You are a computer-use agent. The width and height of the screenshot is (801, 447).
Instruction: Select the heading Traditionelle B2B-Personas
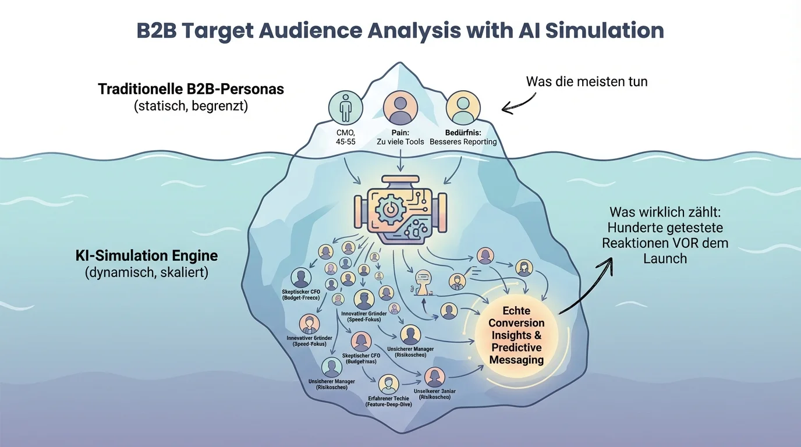pyautogui.click(x=191, y=89)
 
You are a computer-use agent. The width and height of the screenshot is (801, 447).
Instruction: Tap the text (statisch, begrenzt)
pyautogui.click(x=190, y=107)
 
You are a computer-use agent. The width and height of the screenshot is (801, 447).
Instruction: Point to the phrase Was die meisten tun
pyautogui.click(x=586, y=81)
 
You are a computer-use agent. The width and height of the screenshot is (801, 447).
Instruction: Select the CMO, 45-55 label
pyautogui.click(x=345, y=136)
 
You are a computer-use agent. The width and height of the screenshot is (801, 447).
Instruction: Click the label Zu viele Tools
pyautogui.click(x=400, y=141)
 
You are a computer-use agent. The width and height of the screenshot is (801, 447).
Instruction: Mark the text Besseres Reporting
pyautogui.click(x=463, y=141)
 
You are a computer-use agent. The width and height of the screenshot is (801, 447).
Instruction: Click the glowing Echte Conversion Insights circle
pyautogui.click(x=516, y=335)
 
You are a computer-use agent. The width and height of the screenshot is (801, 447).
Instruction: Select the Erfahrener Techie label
pyautogui.click(x=388, y=398)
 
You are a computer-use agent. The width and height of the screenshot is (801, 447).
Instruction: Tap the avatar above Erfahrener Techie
pyautogui.click(x=388, y=384)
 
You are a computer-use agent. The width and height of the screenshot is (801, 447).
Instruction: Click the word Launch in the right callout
pyautogui.click(x=665, y=258)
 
